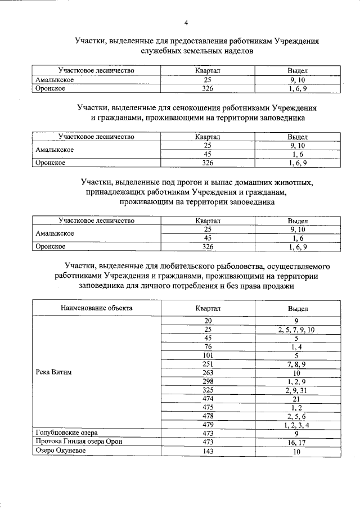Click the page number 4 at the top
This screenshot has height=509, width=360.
click(186, 22)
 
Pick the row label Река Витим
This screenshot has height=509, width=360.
click(55, 373)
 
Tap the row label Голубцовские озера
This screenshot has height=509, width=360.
click(66, 433)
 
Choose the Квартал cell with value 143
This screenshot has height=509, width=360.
click(207, 452)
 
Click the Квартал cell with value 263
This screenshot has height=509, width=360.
click(207, 373)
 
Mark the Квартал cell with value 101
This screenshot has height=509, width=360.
click(207, 355)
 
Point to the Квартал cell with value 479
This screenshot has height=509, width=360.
click(207, 424)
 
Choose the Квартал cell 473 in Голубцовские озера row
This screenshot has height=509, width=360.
click(207, 433)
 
